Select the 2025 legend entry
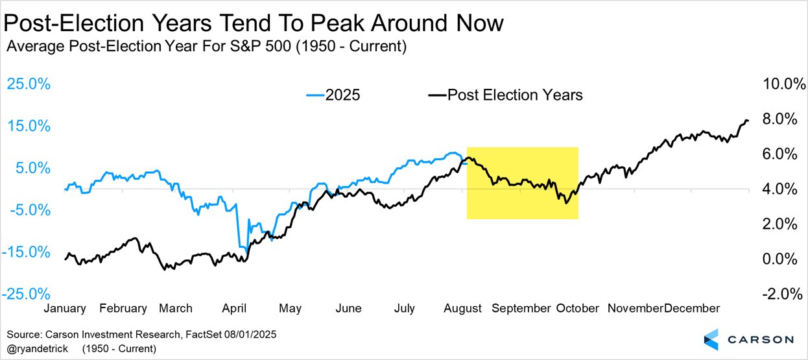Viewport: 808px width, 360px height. click(x=333, y=95)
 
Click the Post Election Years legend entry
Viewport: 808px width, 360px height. click(x=505, y=95)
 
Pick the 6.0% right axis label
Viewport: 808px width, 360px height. click(x=781, y=154)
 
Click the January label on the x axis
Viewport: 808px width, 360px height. click(x=64, y=308)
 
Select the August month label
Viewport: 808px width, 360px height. click(x=463, y=308)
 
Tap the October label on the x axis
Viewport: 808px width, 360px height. click(x=577, y=308)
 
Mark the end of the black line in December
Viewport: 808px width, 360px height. click(x=748, y=121)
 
